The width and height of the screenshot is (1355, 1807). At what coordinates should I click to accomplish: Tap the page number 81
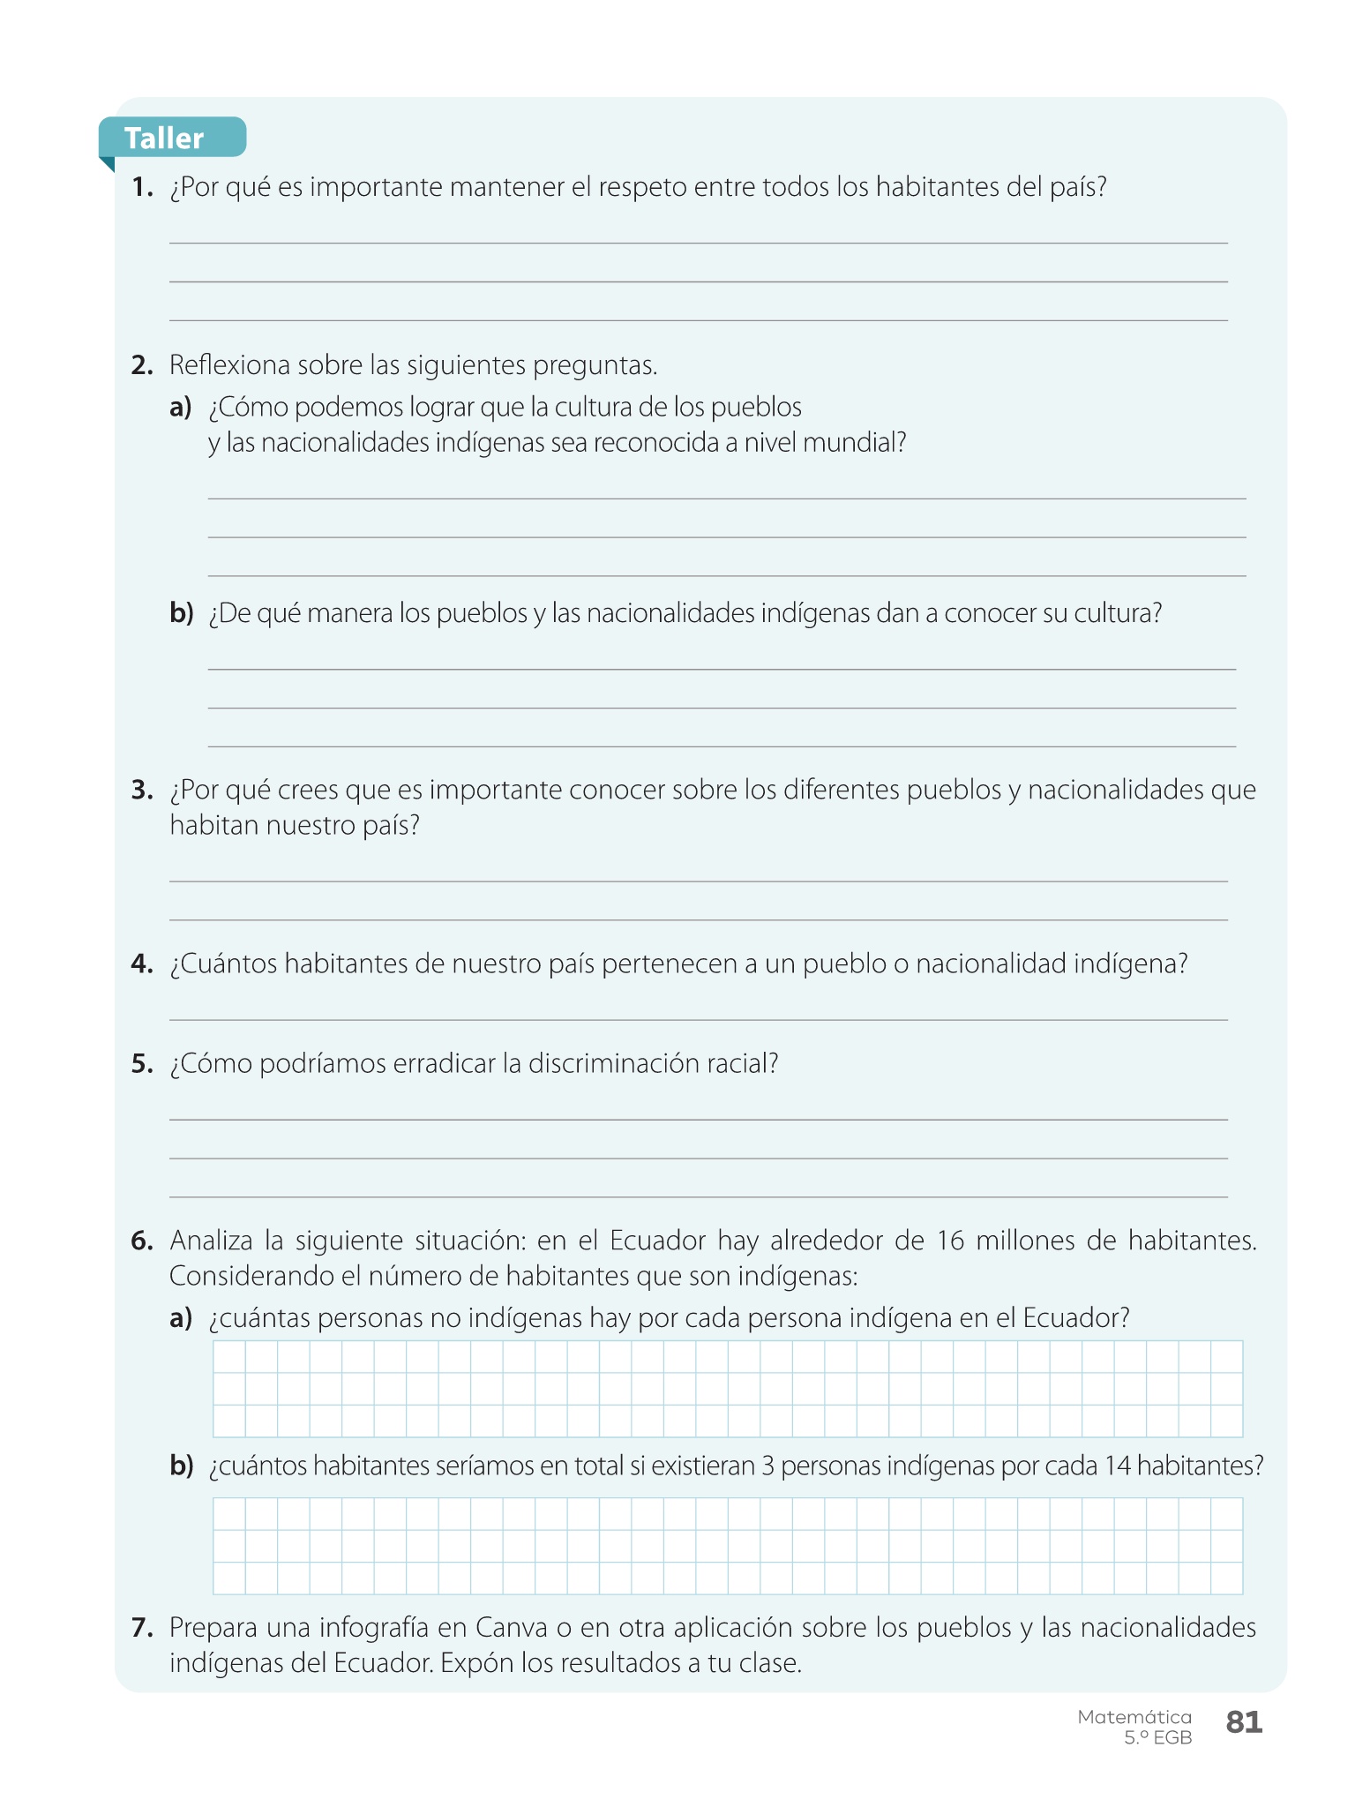(x=1244, y=1721)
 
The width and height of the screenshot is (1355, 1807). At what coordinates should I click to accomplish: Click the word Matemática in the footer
(x=1134, y=1717)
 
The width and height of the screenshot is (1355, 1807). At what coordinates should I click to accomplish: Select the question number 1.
(x=141, y=187)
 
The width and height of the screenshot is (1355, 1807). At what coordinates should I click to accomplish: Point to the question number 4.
(x=141, y=963)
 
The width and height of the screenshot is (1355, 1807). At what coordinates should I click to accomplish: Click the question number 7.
(x=141, y=1627)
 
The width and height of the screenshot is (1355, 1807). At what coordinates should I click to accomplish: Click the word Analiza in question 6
(x=211, y=1241)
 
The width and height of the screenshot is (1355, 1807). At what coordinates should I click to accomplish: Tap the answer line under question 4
(x=698, y=1019)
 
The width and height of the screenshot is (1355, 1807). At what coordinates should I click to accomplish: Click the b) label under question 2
(x=181, y=612)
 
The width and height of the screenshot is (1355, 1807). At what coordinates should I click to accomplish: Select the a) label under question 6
(x=181, y=1318)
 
